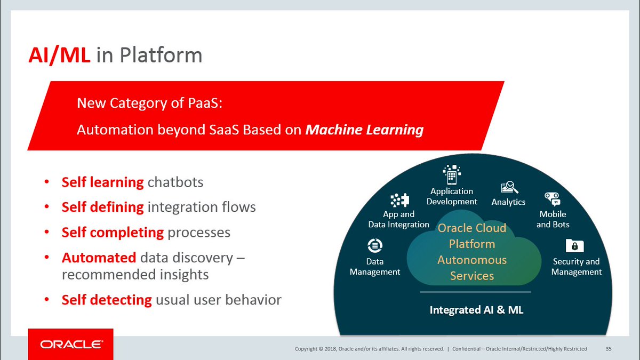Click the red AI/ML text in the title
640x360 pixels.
click(60, 55)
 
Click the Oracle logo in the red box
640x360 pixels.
click(70, 345)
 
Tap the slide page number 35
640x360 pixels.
click(609, 349)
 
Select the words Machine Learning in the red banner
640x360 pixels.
click(364, 130)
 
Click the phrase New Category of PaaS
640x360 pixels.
click(149, 102)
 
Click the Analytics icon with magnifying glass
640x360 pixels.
click(509, 188)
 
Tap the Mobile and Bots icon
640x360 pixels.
click(552, 199)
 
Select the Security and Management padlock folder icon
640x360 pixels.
click(575, 245)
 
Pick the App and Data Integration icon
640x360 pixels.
click(399, 200)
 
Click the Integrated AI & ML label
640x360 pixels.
click(476, 310)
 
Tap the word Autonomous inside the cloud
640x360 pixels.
click(472, 260)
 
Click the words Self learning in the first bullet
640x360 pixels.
click(102, 182)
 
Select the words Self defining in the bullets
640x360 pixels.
click(102, 207)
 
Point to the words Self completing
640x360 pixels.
click(113, 233)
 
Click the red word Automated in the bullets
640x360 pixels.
click(99, 258)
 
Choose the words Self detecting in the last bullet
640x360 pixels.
click(107, 300)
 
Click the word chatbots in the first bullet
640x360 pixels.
click(175, 182)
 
